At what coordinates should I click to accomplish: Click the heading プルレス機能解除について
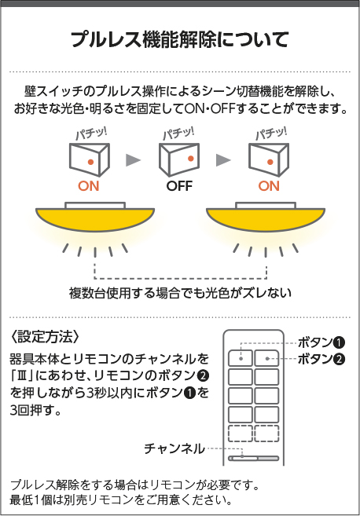[x=180, y=39]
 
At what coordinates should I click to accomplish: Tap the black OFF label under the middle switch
[x=179, y=186]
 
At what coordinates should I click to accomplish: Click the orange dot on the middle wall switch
[x=190, y=159]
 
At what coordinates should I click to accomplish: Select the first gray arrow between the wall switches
[x=133, y=160]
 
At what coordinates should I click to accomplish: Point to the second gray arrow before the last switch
[x=223, y=160]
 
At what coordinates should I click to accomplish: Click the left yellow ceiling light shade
[x=95, y=218]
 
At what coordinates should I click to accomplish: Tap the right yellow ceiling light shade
[x=266, y=218]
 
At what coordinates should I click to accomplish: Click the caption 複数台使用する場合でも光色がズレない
[x=180, y=293]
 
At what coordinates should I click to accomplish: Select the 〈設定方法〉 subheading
[x=45, y=336]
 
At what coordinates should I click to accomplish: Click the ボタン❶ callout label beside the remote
[x=321, y=342]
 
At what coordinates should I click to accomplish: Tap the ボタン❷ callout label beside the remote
[x=321, y=359]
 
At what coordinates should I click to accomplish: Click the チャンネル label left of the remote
[x=174, y=448]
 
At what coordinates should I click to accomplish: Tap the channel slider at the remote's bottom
[x=254, y=458]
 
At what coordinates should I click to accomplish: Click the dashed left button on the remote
[x=241, y=434]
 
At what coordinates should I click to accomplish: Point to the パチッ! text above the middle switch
[x=178, y=134]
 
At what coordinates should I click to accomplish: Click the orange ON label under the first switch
[x=89, y=186]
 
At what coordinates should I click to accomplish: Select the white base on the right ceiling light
[x=266, y=206]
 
